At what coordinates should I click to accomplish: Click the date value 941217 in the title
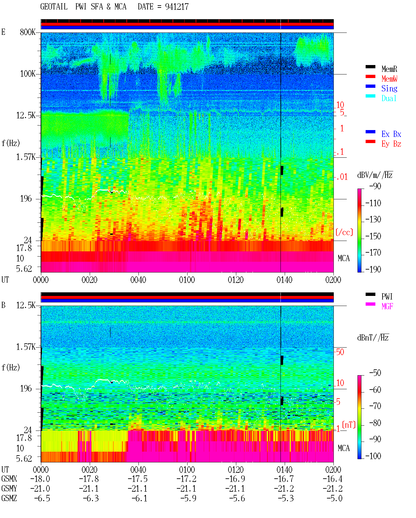pos(177,7)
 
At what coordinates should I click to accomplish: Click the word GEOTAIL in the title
pos(54,7)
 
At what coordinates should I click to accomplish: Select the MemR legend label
pos(389,69)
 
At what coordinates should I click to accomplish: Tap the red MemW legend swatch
pos(370,76)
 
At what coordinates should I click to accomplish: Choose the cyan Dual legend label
pos(389,98)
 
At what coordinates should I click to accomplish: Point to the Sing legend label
pos(389,88)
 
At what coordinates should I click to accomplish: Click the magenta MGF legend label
pos(387,306)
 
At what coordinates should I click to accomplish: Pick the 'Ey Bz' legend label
pos(391,144)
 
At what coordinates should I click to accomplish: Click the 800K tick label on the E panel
pos(28,32)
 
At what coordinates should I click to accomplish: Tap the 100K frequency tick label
pos(28,74)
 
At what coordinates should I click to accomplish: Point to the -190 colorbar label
pos(373,269)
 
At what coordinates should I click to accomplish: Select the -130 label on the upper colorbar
pos(373,219)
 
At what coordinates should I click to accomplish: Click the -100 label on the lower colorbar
pos(373,456)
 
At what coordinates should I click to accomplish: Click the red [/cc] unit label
pos(344,232)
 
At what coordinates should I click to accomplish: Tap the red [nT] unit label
pos(349,424)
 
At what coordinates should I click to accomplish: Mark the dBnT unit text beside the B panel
pos(373,338)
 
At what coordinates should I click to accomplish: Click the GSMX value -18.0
pos(40,479)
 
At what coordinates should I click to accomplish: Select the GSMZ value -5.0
pos(334,498)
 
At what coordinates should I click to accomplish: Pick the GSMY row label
pos(9,488)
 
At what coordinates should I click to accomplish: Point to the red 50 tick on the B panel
pos(340,352)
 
